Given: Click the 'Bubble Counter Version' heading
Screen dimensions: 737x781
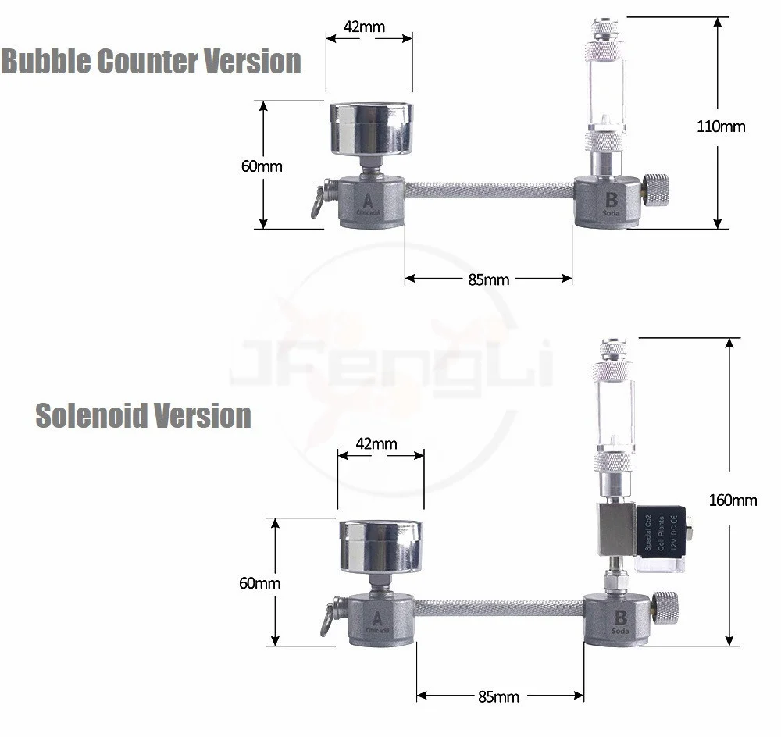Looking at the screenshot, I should tap(152, 61).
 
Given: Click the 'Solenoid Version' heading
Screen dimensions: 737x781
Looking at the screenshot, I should tap(143, 415).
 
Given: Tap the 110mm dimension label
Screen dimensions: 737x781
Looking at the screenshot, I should tap(721, 126).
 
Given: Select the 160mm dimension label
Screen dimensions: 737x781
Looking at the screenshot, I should tap(733, 500).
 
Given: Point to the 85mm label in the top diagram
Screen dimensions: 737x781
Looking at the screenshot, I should tap(489, 279).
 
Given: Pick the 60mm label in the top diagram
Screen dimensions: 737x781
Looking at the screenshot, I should tap(262, 166).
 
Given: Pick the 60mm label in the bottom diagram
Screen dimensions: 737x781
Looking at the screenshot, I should tap(261, 582).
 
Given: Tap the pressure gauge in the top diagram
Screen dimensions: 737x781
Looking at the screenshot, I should tap(367, 129).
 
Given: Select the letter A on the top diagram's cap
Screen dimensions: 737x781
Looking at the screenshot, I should tap(365, 198).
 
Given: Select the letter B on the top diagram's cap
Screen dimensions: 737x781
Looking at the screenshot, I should tap(612, 200).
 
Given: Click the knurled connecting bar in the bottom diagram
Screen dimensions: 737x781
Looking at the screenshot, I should tap(500, 607).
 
